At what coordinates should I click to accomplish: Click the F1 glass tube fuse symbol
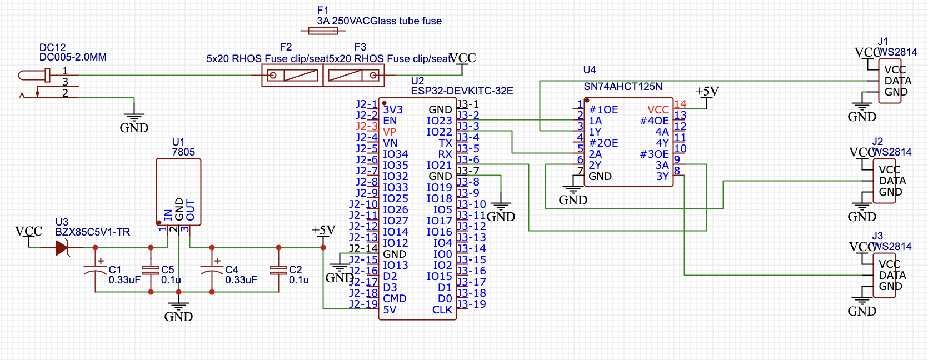[x=323, y=31]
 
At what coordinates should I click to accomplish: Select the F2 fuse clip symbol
[x=292, y=75]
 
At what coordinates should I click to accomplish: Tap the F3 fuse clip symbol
[x=353, y=75]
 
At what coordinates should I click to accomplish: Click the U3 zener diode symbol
[x=62, y=248]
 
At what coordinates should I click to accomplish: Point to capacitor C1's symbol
[x=95, y=269]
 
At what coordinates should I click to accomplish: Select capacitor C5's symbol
[x=151, y=270]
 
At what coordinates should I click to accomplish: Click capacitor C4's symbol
[x=212, y=269]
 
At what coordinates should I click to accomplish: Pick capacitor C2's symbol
[x=278, y=270]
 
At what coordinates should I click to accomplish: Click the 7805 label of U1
[x=183, y=152]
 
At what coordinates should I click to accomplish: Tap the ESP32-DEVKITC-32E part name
[x=462, y=91]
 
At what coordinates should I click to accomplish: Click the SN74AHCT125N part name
[x=623, y=87]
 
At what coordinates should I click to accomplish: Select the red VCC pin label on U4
[x=658, y=110]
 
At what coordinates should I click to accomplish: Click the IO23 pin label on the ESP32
[x=439, y=121]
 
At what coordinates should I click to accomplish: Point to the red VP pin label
[x=390, y=132]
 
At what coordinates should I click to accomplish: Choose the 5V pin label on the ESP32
[x=390, y=310]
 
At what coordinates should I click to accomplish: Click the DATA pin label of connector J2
[x=892, y=181]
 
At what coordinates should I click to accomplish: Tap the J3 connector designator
[x=877, y=236]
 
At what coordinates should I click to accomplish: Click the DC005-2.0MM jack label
[x=73, y=57]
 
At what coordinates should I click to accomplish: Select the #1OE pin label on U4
[x=603, y=110]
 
